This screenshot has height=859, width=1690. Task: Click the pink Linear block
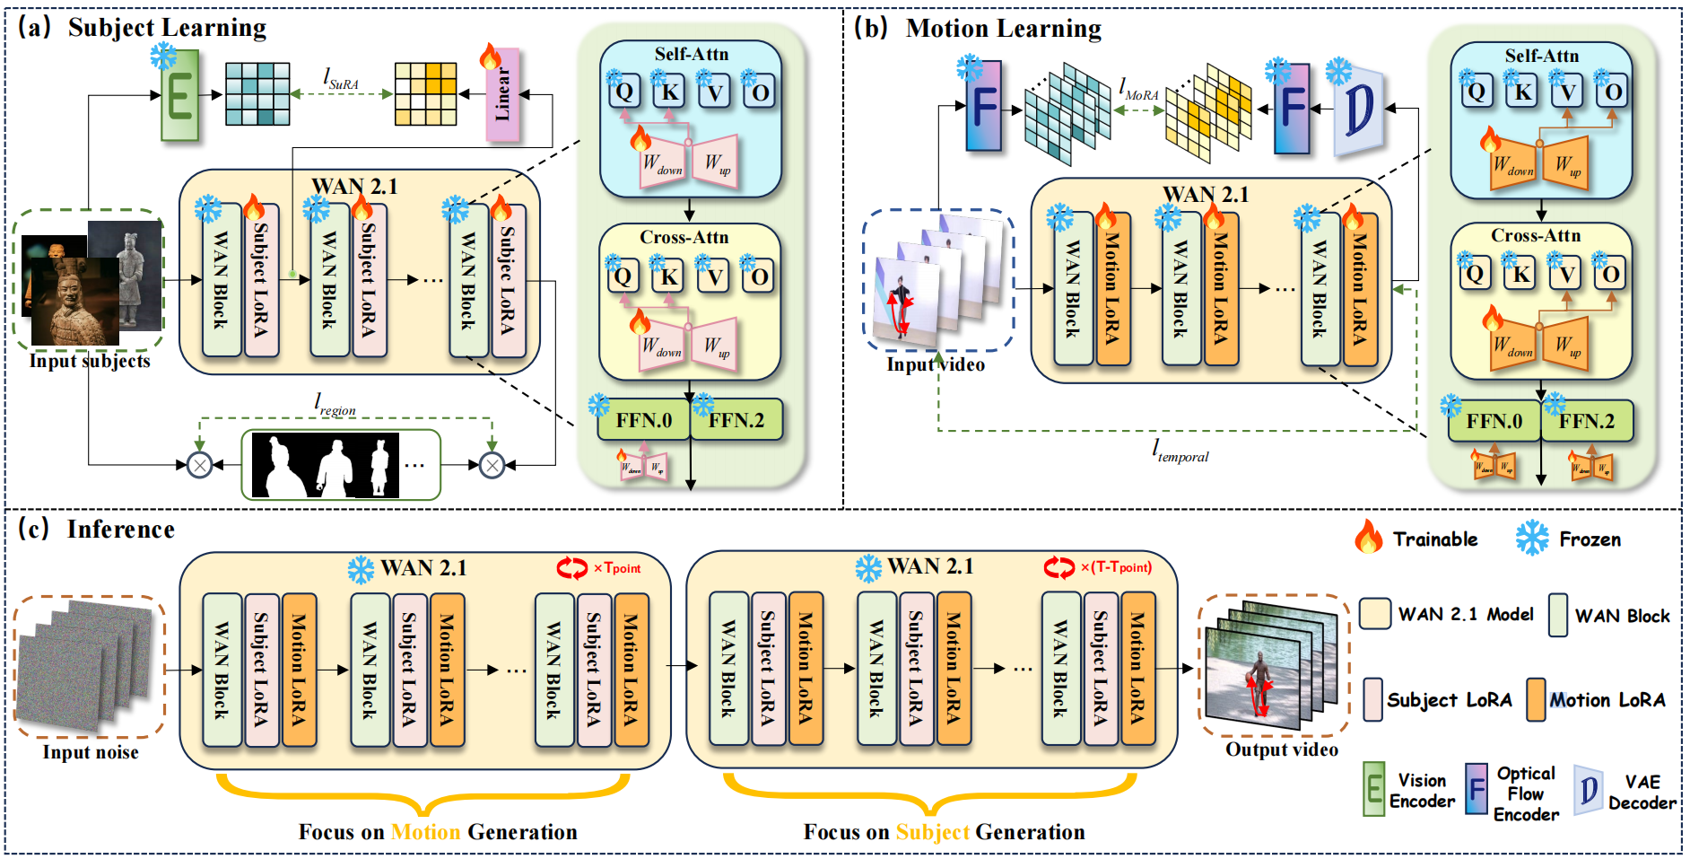click(x=502, y=95)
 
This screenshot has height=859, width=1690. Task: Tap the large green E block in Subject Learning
click(x=179, y=95)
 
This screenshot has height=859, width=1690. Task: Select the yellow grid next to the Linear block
click(x=425, y=94)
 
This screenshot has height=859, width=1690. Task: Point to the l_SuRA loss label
click(x=341, y=80)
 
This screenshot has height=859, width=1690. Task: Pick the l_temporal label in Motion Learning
click(x=1180, y=451)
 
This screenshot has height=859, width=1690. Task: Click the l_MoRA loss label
click(x=1138, y=90)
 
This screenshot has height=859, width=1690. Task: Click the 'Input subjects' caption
click(x=90, y=361)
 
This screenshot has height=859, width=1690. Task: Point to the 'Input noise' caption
click(x=91, y=752)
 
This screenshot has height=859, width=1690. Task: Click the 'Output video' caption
click(x=1282, y=749)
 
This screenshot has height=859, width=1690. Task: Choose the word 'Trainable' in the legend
click(x=1435, y=539)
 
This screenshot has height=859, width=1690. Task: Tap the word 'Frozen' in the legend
click(x=1590, y=539)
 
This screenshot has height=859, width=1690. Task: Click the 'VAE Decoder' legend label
click(x=1642, y=793)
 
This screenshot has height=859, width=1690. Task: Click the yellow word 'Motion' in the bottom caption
click(x=425, y=832)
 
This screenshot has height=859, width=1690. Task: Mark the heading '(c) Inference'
click(x=97, y=530)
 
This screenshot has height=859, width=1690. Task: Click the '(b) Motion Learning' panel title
click(x=978, y=29)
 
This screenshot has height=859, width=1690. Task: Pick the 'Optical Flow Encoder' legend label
click(x=1526, y=793)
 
